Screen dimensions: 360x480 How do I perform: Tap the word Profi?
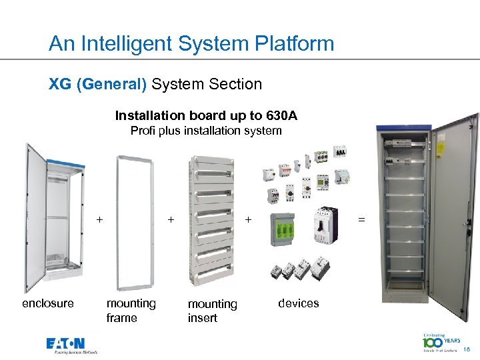pos(143,131)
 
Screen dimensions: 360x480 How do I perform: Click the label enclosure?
pos(48,303)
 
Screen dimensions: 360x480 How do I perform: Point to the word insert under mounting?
pos(202,319)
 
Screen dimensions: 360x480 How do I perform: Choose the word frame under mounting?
pos(121,318)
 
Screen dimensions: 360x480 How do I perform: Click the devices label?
pos(298,303)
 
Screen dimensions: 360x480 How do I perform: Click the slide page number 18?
pos(466,349)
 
